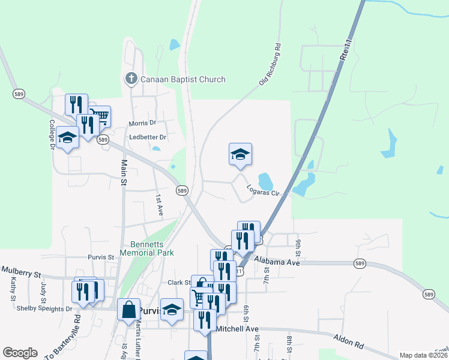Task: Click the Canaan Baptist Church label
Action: click(x=182, y=79)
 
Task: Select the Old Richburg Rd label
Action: click(x=270, y=64)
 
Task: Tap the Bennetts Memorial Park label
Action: click(x=152, y=248)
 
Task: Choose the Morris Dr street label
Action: click(x=142, y=123)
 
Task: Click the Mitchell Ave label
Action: click(x=237, y=329)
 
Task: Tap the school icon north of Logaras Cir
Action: click(x=240, y=155)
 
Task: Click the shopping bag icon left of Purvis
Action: click(x=129, y=310)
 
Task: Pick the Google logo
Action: click(x=20, y=352)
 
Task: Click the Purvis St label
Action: click(x=101, y=257)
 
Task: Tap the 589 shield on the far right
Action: click(x=428, y=294)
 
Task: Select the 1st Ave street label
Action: click(x=159, y=205)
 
